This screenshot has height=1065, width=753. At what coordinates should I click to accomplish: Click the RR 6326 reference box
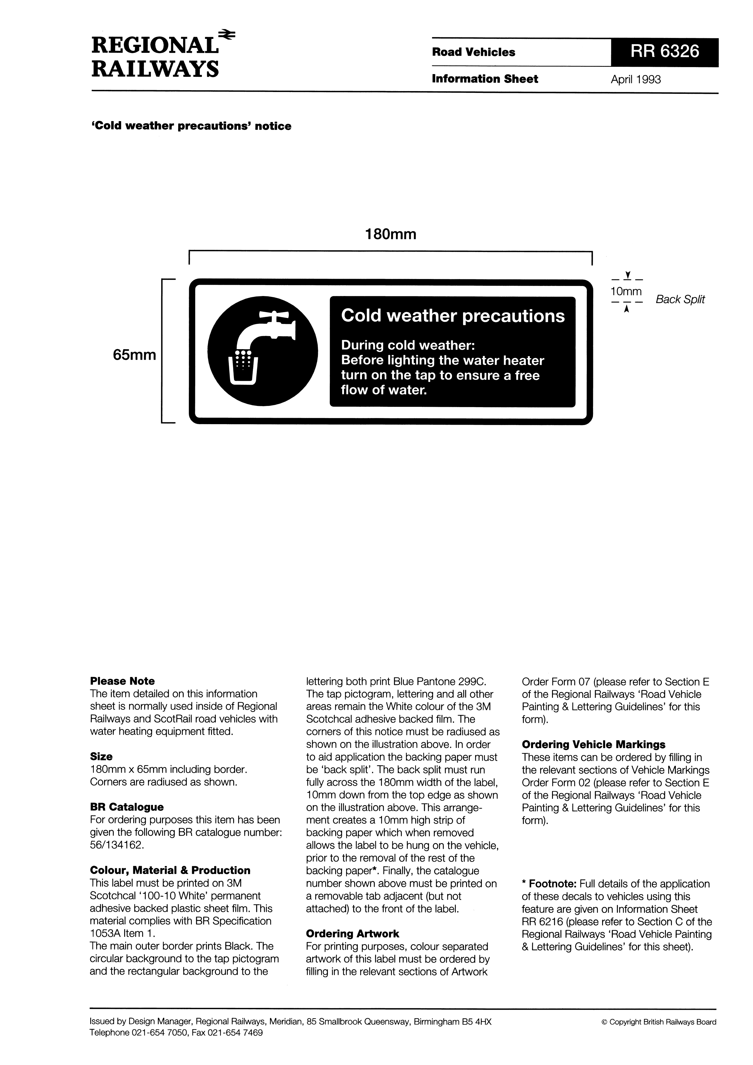click(x=664, y=52)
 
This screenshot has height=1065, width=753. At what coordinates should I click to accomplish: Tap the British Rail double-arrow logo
click(x=227, y=34)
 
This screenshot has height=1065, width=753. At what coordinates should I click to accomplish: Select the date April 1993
click(x=635, y=79)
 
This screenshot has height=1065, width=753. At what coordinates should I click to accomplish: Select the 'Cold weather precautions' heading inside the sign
click(x=452, y=316)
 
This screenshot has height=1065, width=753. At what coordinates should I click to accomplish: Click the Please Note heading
click(x=122, y=681)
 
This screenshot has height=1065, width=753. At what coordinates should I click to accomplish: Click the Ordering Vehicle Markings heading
click(x=593, y=744)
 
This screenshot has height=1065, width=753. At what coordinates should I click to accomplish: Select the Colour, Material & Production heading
click(x=170, y=870)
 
